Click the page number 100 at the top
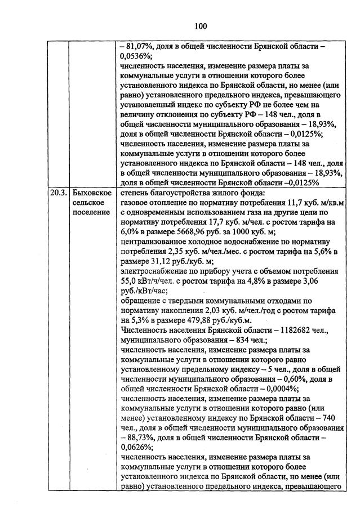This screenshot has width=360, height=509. [201, 26]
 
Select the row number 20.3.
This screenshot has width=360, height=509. [56, 193]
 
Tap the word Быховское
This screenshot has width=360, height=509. [90, 193]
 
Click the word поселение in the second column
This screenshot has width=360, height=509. [90, 212]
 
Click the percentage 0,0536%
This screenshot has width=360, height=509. [135, 57]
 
